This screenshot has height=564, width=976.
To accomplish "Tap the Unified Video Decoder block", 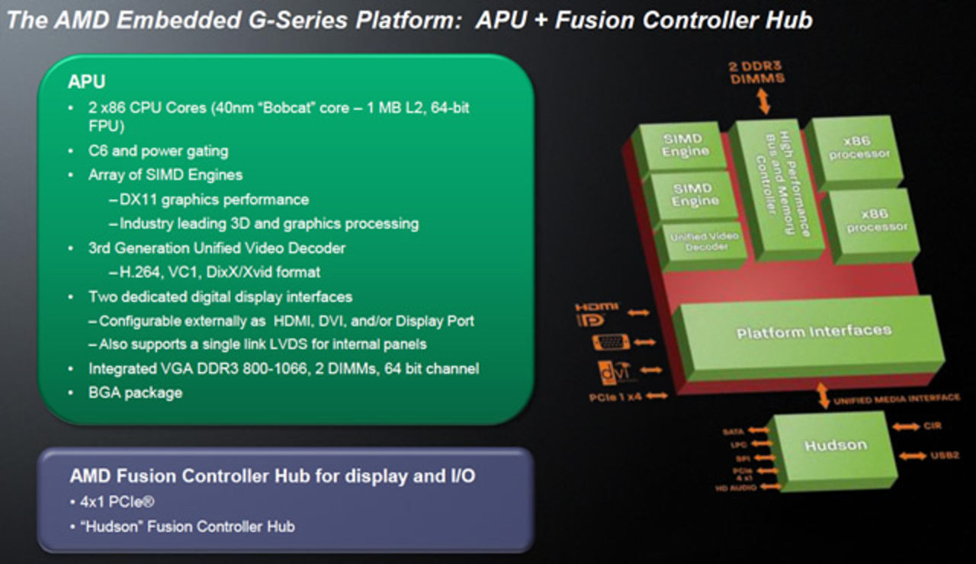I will click(x=705, y=242).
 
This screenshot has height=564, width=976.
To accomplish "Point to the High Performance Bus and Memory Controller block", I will click(x=776, y=187).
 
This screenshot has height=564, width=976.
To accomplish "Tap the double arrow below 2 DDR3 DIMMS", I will click(x=761, y=101).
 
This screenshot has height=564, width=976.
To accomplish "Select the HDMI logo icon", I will click(x=596, y=313).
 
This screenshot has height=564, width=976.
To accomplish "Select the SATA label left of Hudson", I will click(x=733, y=432).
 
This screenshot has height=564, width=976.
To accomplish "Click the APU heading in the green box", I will click(x=86, y=82).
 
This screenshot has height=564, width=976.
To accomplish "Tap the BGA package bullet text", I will click(x=135, y=393).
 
